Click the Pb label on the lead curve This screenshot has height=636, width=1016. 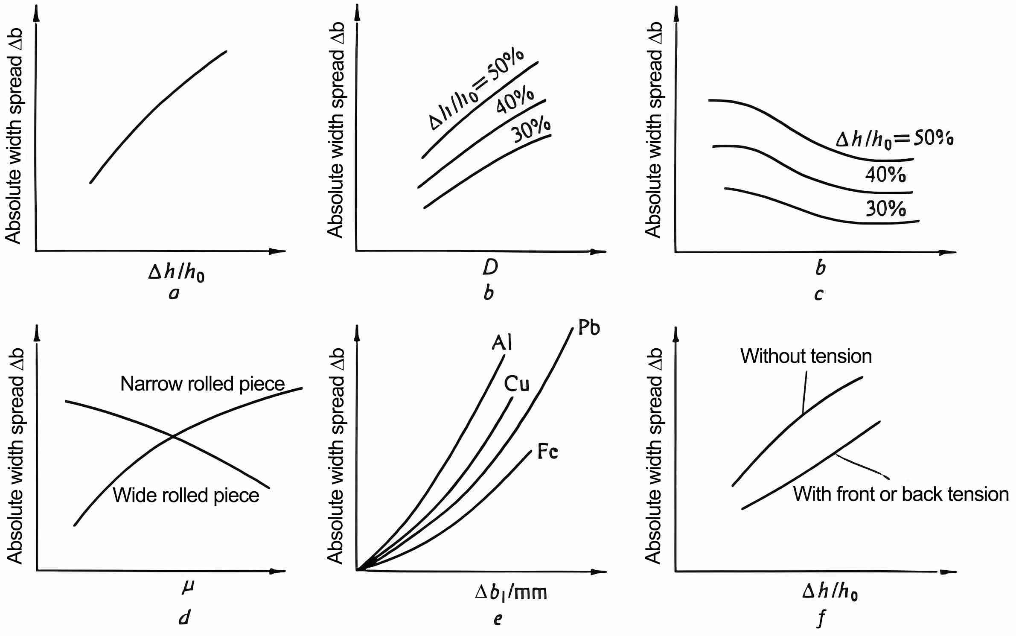pyautogui.click(x=589, y=327)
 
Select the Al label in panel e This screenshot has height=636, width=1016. pyautogui.click(x=502, y=342)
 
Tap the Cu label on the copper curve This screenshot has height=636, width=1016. pyautogui.click(x=516, y=384)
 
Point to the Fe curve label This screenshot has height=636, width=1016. pyautogui.click(x=547, y=451)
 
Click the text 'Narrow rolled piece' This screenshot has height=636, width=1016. pyautogui.click(x=202, y=384)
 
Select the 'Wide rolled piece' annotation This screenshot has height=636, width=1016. pyautogui.click(x=186, y=495)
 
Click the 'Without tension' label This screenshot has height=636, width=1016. pyautogui.click(x=806, y=356)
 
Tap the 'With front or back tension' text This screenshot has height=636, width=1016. pyautogui.click(x=900, y=494)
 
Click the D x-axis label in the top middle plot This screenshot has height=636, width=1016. pyautogui.click(x=490, y=268)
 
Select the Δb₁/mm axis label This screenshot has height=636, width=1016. pyautogui.click(x=511, y=592)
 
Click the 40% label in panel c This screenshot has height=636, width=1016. pyautogui.click(x=885, y=175)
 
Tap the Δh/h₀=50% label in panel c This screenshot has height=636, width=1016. pyautogui.click(x=894, y=139)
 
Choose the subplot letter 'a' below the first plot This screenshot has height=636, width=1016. pyautogui.click(x=174, y=293)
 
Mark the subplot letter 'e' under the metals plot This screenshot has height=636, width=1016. pyautogui.click(x=498, y=619)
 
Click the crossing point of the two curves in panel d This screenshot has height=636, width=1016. pyautogui.click(x=173, y=436)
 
